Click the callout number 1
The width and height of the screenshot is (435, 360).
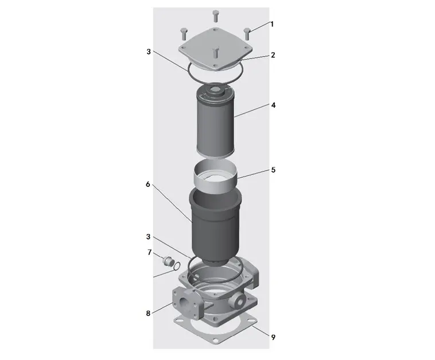pos(272,24)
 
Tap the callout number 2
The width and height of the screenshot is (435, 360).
pos(273,55)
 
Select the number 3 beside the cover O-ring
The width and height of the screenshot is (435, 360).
pos(149,52)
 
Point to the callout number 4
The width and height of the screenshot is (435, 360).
pos(273,105)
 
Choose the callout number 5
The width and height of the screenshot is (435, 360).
pos(273,170)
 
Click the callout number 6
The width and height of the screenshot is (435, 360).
pos(148,184)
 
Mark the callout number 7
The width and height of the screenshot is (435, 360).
pos(150,252)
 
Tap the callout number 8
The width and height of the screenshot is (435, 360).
pos(148,313)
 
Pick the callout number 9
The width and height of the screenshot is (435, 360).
pos(273,337)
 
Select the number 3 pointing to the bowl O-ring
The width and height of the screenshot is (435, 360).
pos(148,237)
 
